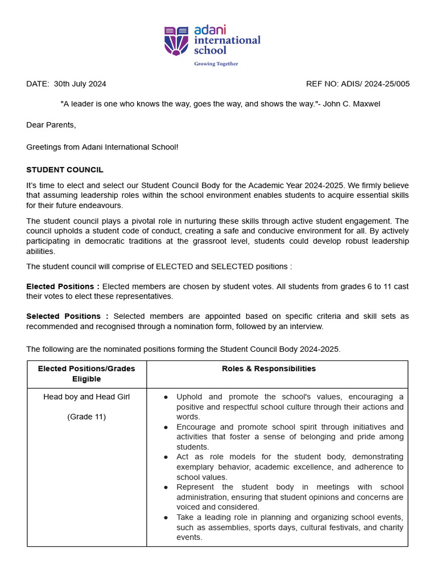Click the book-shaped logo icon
pos(176,40)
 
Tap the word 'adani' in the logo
pos(210,29)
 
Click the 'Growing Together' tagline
pos(216,64)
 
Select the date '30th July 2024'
pos(80,84)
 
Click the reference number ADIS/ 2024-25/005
pos(375,84)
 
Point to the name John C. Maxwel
pos(352,104)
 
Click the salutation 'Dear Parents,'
pos(51,124)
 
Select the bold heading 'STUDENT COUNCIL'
pos(65,170)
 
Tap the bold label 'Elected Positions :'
pos(63,286)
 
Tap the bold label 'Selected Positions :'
pos(67,316)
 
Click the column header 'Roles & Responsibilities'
pos(269,369)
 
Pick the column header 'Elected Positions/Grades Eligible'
pos(86,374)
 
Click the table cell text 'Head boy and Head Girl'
pos(86,397)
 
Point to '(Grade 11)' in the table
pos(86,417)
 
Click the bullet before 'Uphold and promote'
pos(166,397)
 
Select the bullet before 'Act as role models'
pos(166,457)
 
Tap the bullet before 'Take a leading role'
pos(166,517)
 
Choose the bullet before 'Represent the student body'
pos(166,487)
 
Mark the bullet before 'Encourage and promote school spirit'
pos(166,427)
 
